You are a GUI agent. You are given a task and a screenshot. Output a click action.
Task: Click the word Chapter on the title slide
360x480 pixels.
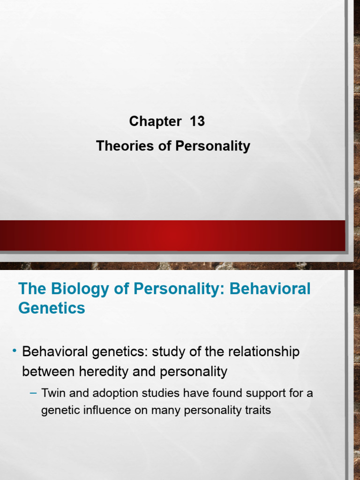click(155, 121)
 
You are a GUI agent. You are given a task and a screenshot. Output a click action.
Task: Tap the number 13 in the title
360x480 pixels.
click(197, 121)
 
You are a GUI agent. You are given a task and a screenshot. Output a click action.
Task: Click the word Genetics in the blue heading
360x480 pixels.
click(52, 308)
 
